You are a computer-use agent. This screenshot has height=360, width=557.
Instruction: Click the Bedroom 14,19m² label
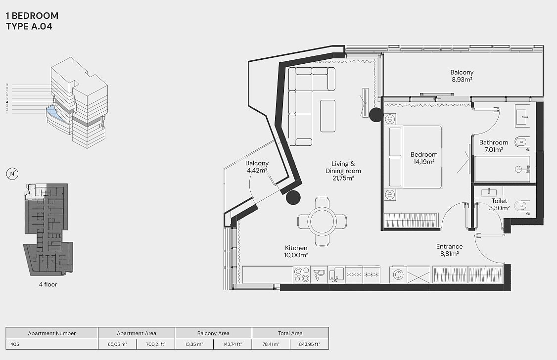coord(424,158)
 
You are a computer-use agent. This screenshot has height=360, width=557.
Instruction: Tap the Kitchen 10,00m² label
coord(296,251)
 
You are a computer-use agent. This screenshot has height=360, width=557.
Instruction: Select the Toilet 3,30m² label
coord(499,204)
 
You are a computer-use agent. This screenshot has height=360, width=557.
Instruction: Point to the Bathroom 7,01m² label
coord(493,146)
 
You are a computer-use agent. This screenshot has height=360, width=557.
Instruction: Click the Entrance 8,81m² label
coord(449,250)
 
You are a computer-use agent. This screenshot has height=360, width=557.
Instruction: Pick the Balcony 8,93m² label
coord(462,76)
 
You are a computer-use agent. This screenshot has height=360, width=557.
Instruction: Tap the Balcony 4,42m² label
coord(257,167)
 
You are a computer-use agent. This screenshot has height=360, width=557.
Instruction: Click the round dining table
coord(322,221)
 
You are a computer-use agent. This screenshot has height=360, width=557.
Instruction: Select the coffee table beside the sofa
coord(327,116)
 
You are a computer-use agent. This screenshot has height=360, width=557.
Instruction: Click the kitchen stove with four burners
coord(302,275)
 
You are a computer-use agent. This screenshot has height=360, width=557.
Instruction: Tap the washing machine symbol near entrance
coord(398,274)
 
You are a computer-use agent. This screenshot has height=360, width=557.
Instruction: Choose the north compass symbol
coord(12,174)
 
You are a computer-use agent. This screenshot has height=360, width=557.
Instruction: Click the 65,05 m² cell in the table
coord(117,344)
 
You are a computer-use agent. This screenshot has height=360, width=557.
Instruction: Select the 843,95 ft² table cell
coord(309,344)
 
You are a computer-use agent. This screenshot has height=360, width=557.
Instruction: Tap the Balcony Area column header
coord(213,333)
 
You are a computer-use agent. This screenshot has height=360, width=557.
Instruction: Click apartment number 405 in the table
coord(15,344)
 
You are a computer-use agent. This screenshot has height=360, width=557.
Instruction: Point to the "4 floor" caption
coord(48,284)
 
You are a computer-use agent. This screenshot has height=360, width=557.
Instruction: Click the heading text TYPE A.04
coord(29,26)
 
